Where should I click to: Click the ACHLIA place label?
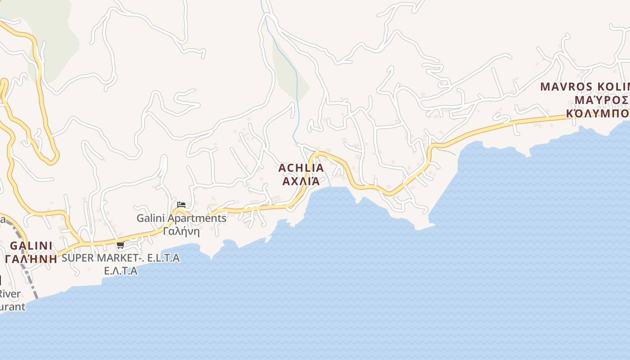(x=301, y=168)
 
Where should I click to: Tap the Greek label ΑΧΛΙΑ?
(x=301, y=181)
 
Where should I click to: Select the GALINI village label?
(x=31, y=246)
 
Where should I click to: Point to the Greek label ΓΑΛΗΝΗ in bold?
(x=31, y=259)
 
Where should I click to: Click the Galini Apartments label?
(x=181, y=218)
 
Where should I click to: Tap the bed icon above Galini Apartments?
(x=181, y=205)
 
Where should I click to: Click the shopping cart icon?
(x=120, y=245)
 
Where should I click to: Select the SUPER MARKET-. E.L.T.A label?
(x=121, y=258)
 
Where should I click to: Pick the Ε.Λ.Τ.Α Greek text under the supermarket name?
(x=121, y=271)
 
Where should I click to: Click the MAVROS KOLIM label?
(x=585, y=86)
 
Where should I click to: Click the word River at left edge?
(x=9, y=294)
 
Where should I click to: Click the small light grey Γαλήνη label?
(x=181, y=231)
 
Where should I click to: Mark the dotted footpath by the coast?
(x=448, y=151)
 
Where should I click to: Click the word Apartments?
(x=201, y=218)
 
